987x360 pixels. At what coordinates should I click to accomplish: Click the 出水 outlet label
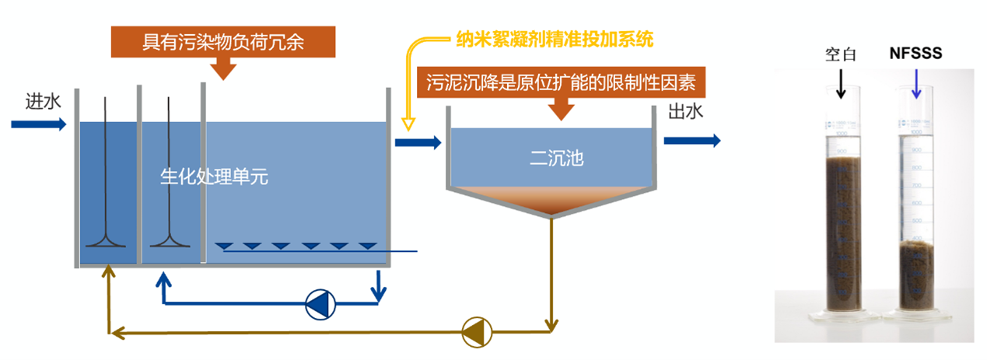pos(685,112)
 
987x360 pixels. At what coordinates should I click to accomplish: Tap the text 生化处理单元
pos(213,177)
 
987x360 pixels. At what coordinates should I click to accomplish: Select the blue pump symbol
pos(318,304)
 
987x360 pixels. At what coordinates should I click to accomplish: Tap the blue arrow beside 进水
pos(39,124)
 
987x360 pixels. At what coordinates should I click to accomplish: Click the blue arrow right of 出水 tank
pos(691,140)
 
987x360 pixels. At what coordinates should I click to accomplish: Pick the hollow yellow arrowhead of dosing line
pos(407,124)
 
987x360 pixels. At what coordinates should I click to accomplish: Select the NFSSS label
pos(915,54)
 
